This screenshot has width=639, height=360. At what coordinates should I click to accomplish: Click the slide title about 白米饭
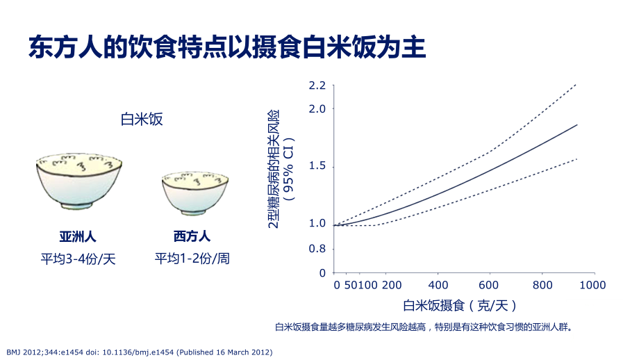coord(226,48)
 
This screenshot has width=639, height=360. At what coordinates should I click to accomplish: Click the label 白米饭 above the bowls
coord(142,120)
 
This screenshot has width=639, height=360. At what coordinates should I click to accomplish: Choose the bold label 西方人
coord(192,236)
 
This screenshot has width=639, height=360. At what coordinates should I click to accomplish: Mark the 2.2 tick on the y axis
coord(317,85)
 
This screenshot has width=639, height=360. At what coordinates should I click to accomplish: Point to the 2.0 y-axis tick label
coord(317,109)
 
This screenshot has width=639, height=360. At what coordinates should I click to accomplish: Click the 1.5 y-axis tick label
coord(317,167)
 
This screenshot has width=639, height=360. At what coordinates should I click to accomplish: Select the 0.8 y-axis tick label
coord(317,248)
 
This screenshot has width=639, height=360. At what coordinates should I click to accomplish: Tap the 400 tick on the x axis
coord(438,285)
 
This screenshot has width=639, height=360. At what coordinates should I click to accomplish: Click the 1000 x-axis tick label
coord(592,285)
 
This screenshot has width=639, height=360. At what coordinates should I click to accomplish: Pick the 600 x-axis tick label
coord(490,285)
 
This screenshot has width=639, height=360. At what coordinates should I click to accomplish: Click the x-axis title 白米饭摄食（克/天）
coord(460,305)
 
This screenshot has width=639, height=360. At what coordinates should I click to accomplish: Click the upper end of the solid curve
coord(577,125)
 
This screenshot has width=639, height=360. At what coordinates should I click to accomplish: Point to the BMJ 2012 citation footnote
coord(139,352)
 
